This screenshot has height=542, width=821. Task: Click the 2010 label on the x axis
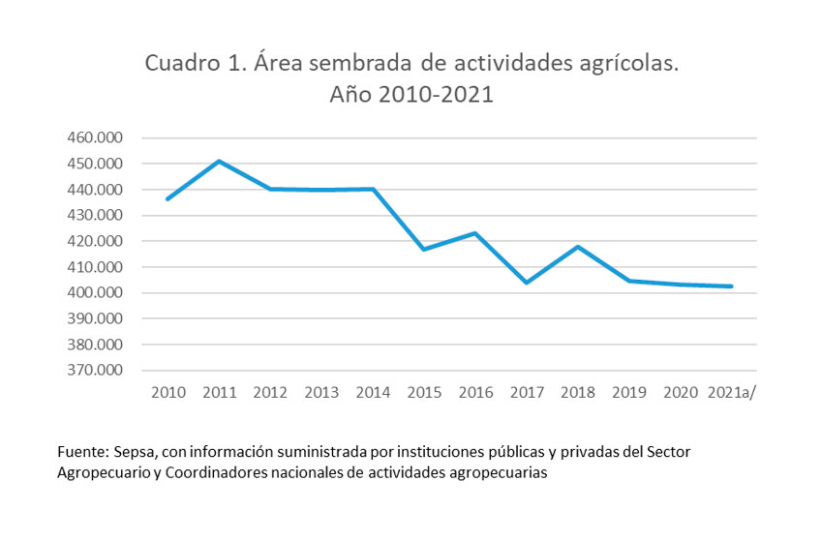tap(167, 392)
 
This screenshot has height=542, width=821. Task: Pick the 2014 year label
tap(373, 392)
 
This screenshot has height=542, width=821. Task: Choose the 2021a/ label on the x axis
tap(732, 392)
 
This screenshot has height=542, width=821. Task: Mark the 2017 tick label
tap(527, 392)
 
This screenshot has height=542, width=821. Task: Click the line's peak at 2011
tap(220, 161)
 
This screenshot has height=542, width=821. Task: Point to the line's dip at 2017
tap(527, 283)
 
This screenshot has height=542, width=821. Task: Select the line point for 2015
tap(424, 249)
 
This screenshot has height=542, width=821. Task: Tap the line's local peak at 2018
tap(578, 247)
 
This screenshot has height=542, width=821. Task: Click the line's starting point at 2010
tap(168, 199)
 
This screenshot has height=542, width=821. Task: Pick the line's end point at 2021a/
tap(731, 286)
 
